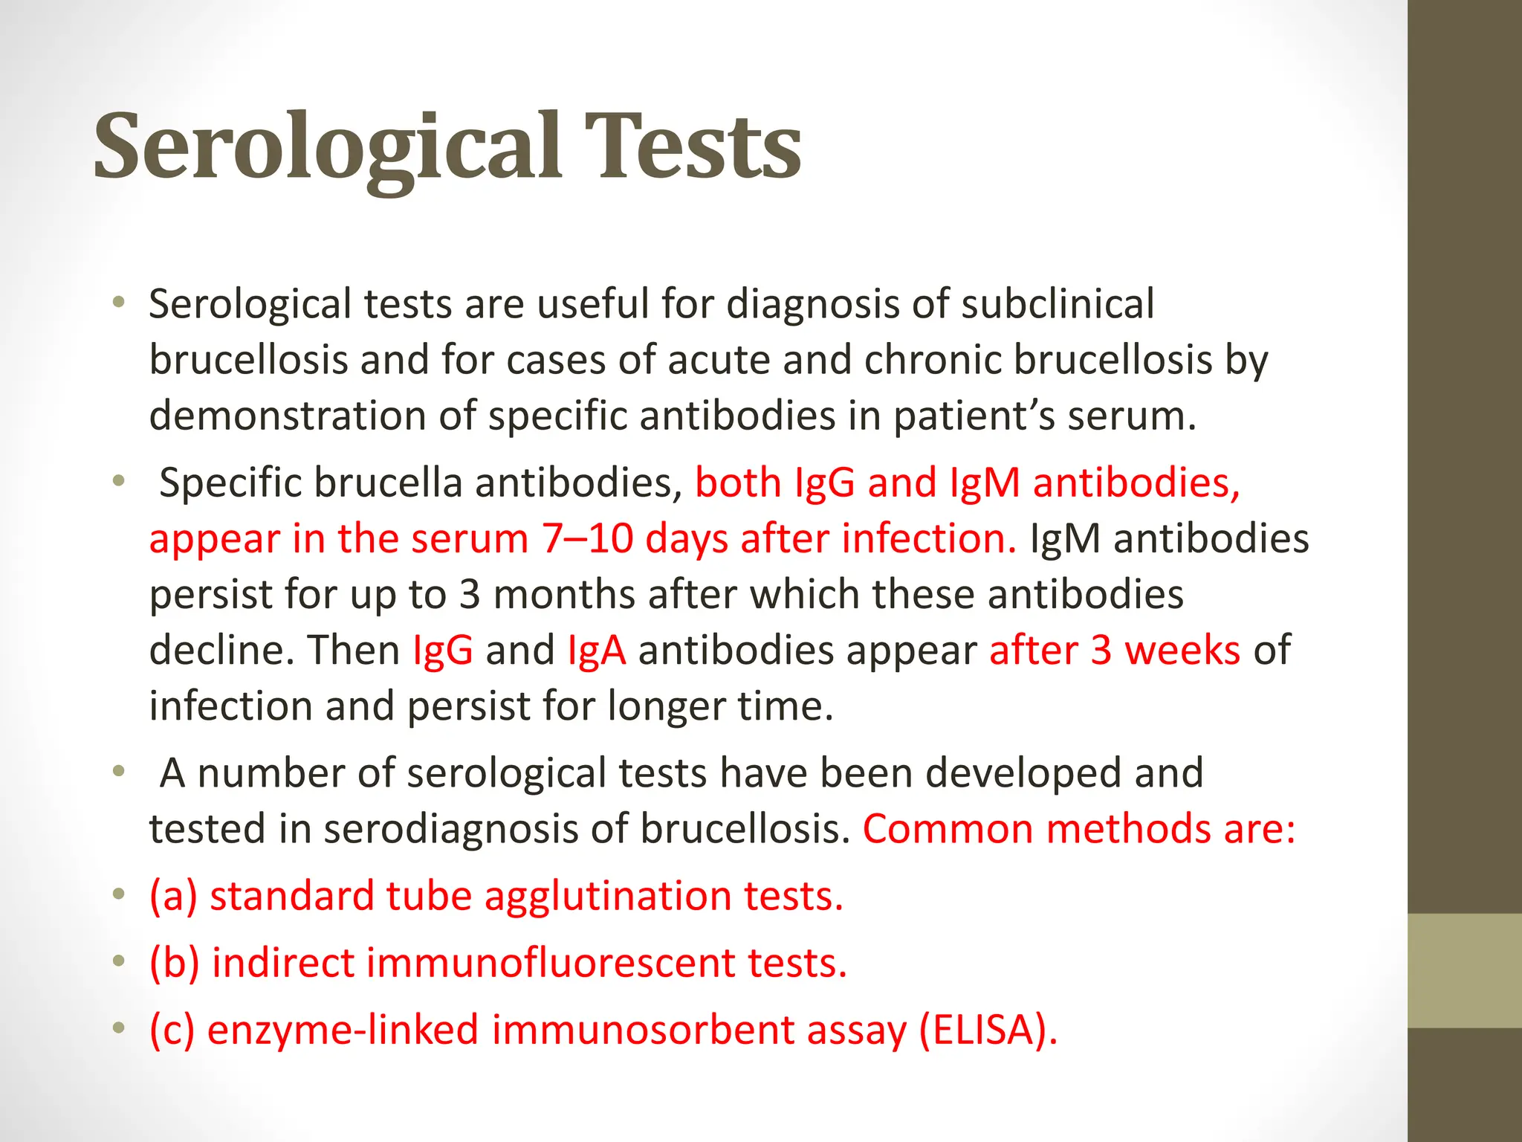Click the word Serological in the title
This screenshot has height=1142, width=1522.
pos(327,146)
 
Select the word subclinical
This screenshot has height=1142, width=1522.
pos(1058,304)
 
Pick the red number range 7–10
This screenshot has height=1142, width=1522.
pos(587,538)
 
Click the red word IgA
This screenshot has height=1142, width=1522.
pos(596,650)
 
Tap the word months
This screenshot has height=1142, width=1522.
pos(563,594)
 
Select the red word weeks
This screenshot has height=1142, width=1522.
pos(1182,650)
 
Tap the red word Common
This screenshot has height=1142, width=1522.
pos(948,828)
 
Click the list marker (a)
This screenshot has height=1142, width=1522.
pos(173,895)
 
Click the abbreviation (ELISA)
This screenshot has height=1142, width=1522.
pos(987,1030)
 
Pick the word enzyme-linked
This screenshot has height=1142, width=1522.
pos(343,1030)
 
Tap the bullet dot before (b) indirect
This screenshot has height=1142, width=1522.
pos(118,962)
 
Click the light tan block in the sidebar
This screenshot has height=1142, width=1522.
pos(1465,970)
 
